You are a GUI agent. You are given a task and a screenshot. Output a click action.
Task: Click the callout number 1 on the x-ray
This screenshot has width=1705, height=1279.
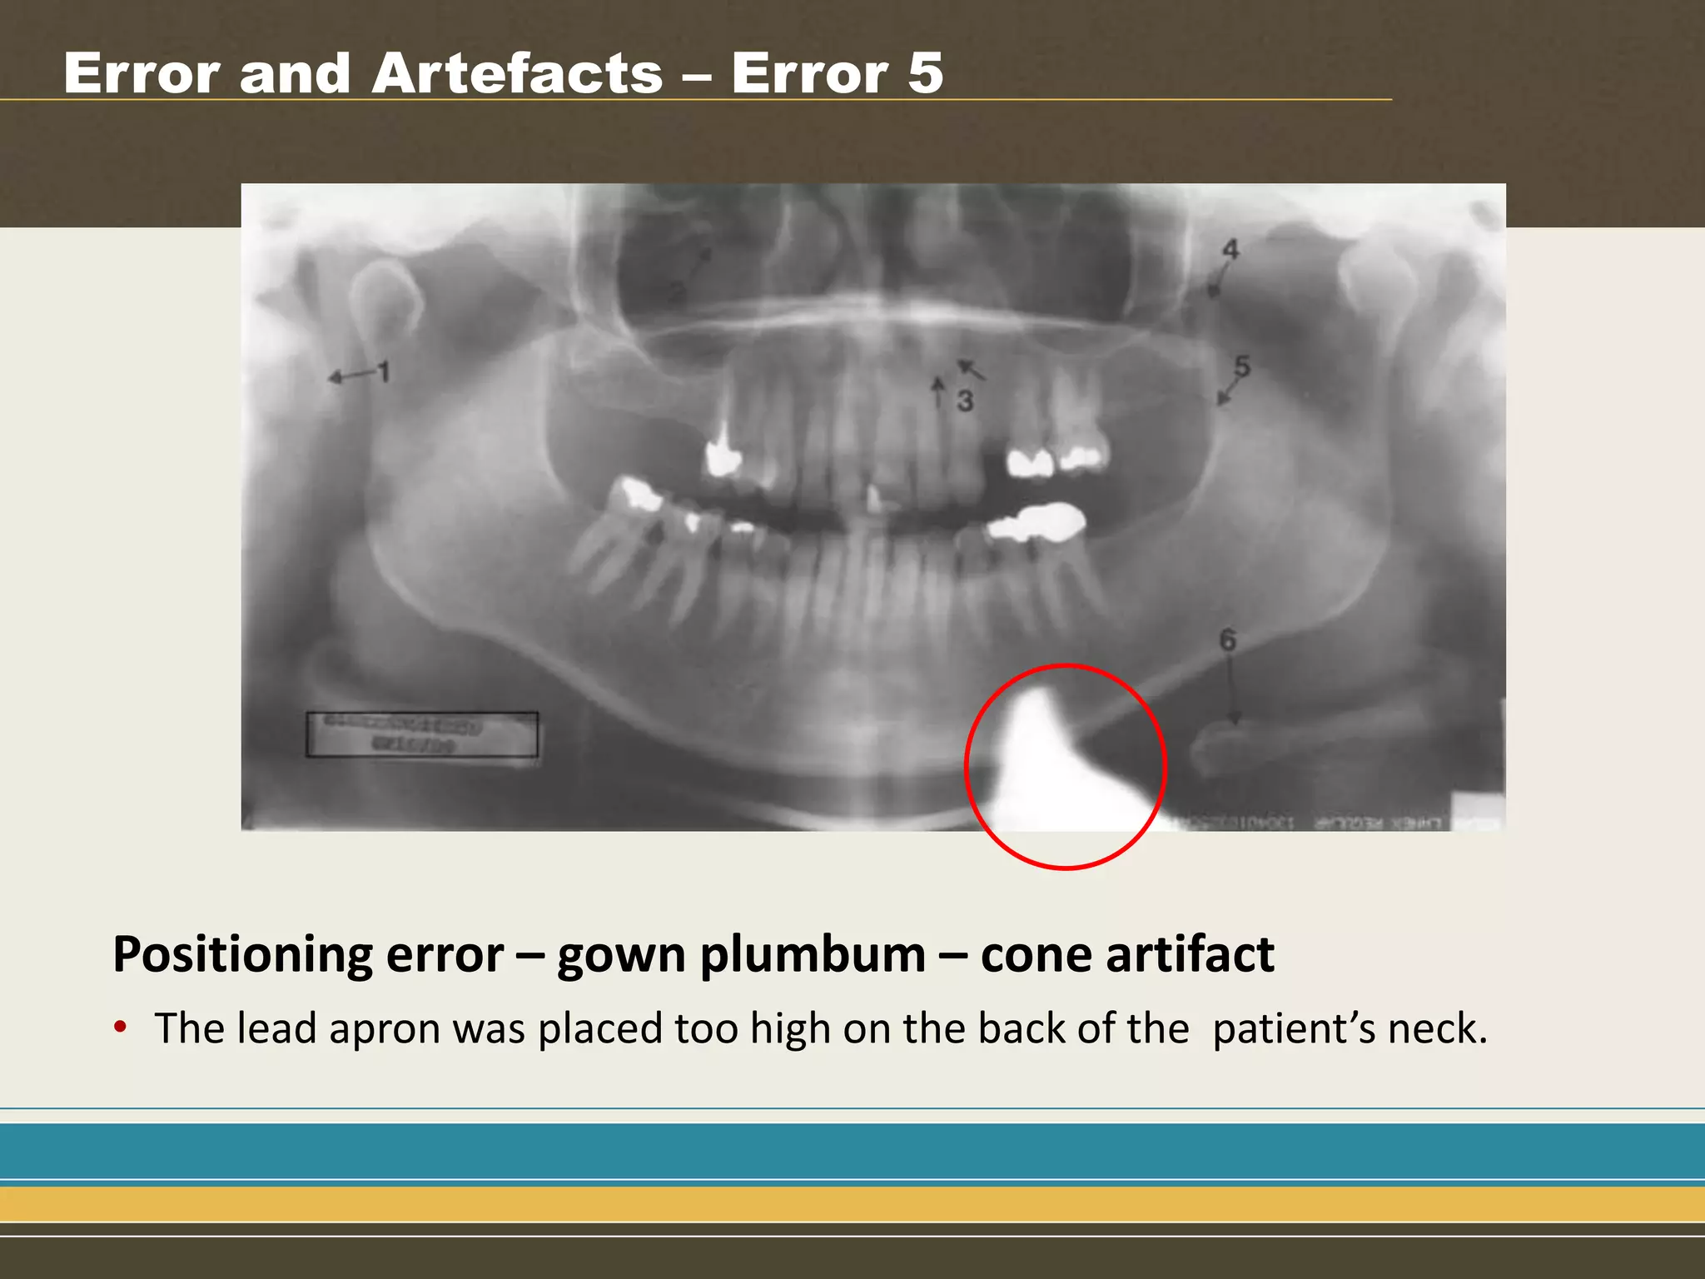384,371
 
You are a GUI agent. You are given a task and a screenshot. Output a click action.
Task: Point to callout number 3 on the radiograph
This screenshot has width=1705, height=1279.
965,401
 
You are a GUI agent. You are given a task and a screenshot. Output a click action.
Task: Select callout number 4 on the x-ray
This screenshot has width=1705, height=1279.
1230,248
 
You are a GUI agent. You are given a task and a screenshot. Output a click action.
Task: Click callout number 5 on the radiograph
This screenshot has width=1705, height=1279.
1242,366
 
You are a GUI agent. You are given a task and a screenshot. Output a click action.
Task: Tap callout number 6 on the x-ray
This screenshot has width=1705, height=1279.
1228,639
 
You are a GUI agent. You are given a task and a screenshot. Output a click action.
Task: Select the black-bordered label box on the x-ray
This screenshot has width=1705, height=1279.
421,734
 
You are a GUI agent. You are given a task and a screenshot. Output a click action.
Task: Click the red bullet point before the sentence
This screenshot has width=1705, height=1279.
121,1027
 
